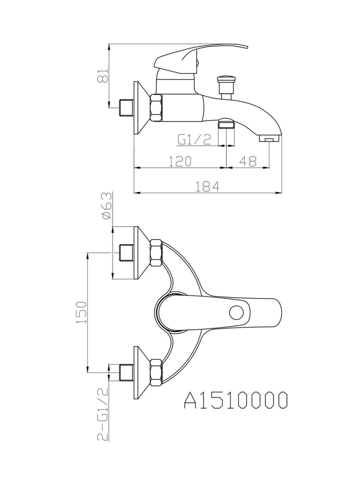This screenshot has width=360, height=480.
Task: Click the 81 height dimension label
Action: click(x=102, y=76)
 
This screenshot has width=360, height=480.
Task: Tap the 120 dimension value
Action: click(x=180, y=161)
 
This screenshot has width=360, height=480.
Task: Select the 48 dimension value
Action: click(x=248, y=161)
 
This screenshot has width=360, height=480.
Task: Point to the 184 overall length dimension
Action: click(x=207, y=186)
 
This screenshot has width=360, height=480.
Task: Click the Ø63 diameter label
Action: click(x=107, y=206)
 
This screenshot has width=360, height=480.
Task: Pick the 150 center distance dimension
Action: click(x=81, y=312)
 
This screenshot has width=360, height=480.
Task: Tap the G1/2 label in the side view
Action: click(x=194, y=140)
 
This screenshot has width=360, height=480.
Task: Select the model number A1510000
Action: click(x=236, y=400)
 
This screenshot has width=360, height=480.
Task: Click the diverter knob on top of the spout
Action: click(x=226, y=85)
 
